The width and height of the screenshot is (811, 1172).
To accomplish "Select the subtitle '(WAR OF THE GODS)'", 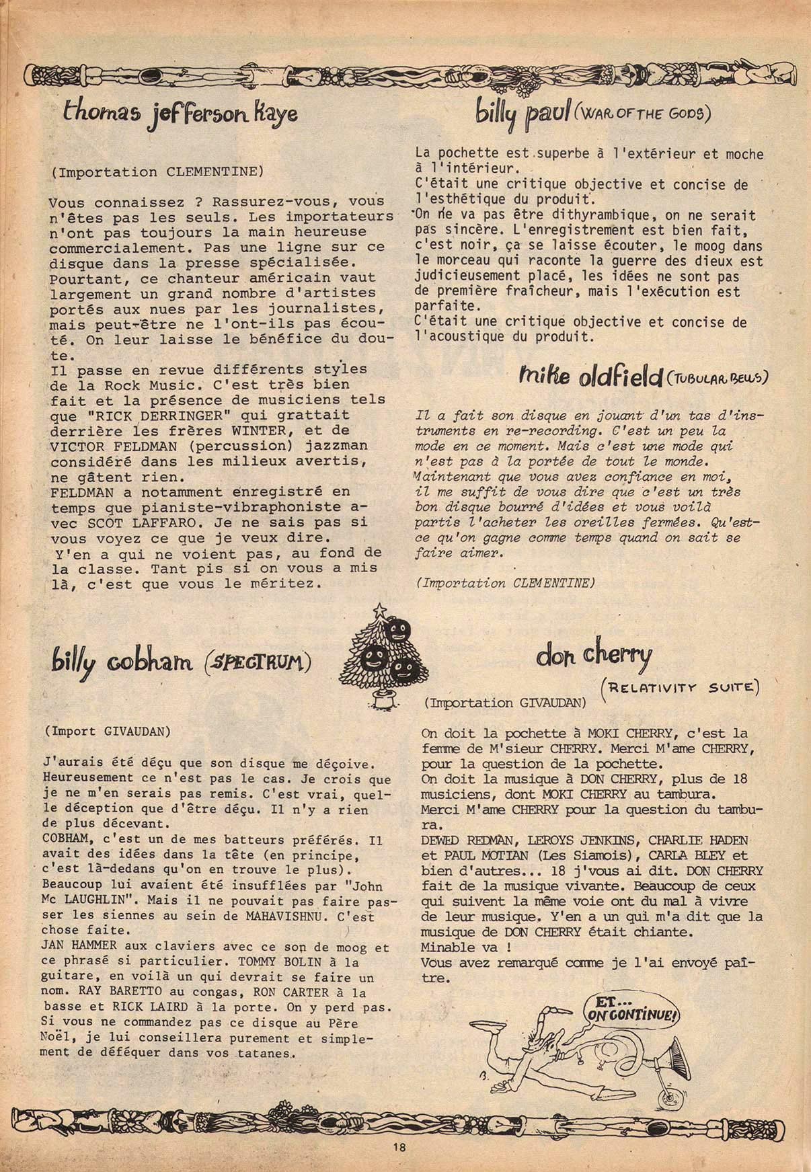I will click(642, 114).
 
